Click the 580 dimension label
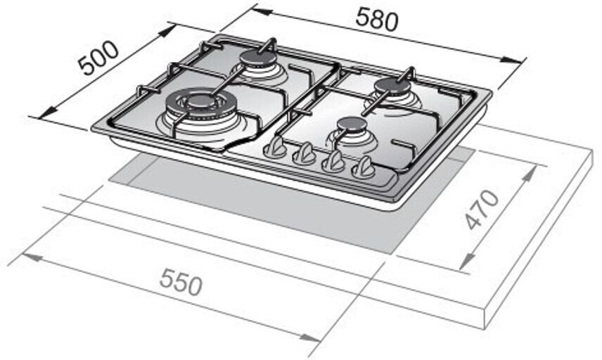click(x=377, y=20)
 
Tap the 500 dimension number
click(x=98, y=58)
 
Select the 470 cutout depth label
click(x=482, y=209)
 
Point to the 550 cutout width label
click(x=181, y=282)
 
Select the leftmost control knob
click(x=275, y=147)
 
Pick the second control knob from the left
click(x=305, y=153)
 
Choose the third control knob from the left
click(x=333, y=161)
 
